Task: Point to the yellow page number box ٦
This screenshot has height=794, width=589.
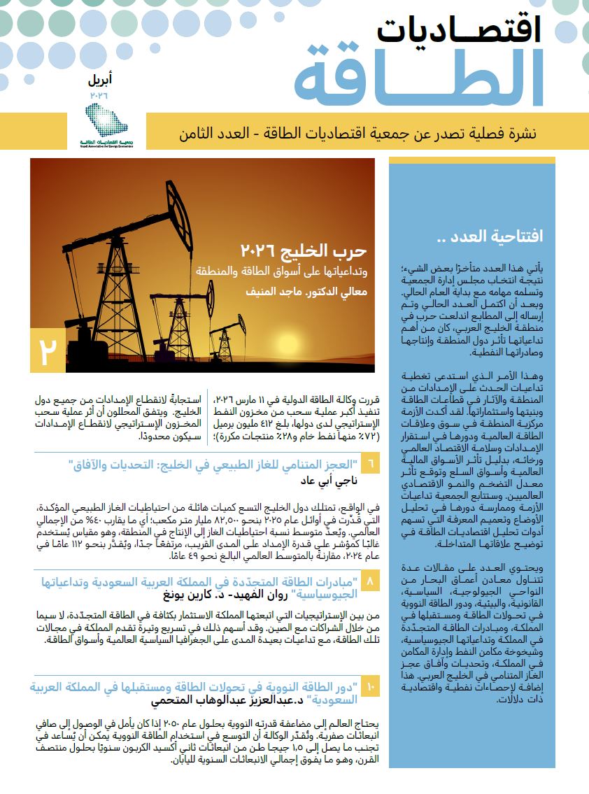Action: coord(371,465)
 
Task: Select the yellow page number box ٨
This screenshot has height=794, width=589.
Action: coord(371,582)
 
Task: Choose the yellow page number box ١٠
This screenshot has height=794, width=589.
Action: coord(371,688)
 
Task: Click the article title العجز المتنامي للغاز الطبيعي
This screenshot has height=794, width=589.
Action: coord(210,465)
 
